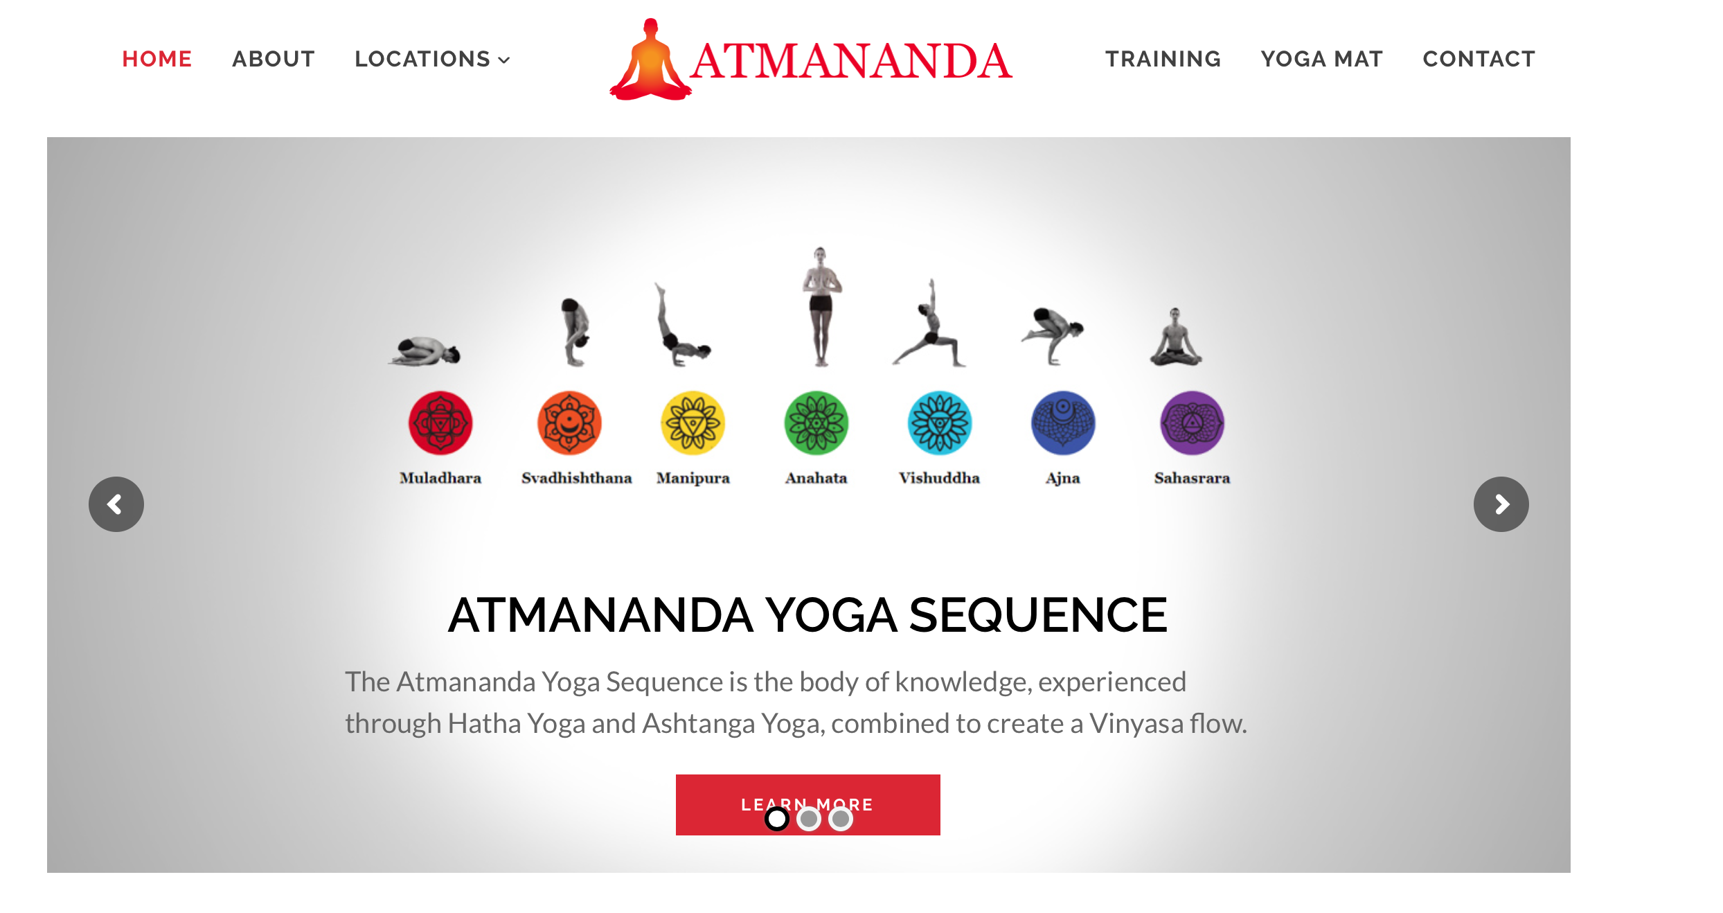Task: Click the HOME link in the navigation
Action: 157,59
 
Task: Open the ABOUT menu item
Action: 274,59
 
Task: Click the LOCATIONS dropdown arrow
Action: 505,60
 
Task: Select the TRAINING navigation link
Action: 1163,59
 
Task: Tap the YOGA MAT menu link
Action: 1322,59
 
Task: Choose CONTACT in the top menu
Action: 1479,59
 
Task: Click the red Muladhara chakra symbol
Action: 440,423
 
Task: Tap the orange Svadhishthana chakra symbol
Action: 569,423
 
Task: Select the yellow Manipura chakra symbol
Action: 693,423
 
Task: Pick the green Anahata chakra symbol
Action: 816,423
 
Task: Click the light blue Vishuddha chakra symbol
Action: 940,423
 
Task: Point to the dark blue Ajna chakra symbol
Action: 1063,423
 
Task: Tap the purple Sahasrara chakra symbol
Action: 1192,423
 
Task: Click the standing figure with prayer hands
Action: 821,306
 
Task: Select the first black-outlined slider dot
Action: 777,819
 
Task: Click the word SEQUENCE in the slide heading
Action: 1038,615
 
